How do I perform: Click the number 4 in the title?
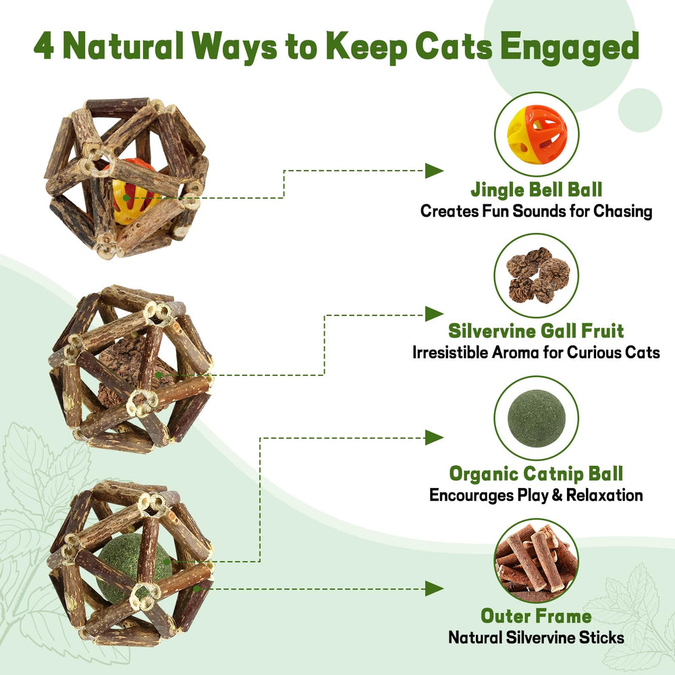(x=44, y=46)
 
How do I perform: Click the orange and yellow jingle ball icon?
(x=537, y=134)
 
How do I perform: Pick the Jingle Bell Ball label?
(x=537, y=190)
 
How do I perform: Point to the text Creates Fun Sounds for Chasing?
(x=537, y=211)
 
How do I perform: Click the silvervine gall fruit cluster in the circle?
(x=537, y=275)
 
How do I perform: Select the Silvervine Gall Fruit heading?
(x=536, y=331)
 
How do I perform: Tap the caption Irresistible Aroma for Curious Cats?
(x=536, y=352)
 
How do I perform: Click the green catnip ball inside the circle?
(x=536, y=418)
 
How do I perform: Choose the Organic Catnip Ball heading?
(x=536, y=474)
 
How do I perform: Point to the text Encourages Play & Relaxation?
(x=536, y=495)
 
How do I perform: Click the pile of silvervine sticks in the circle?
(x=537, y=560)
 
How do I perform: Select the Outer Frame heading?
(x=536, y=616)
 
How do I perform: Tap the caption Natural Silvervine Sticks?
(x=536, y=638)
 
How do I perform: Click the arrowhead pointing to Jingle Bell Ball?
(x=434, y=171)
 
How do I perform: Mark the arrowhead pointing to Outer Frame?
(x=434, y=589)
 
